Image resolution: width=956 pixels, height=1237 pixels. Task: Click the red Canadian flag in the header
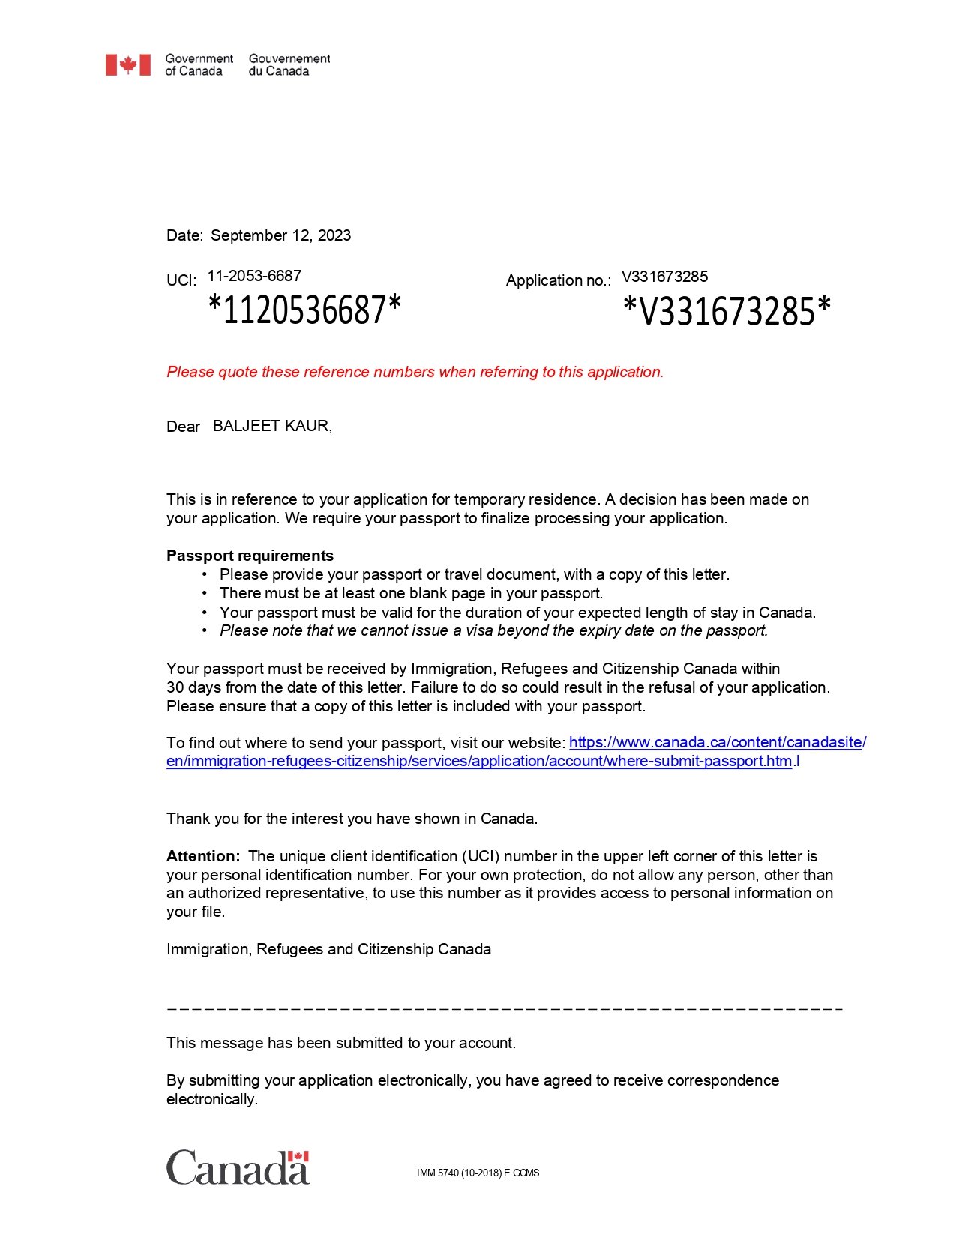(128, 65)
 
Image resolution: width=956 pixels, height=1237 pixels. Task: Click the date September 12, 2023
(280, 235)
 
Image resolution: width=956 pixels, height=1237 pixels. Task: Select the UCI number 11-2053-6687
(254, 276)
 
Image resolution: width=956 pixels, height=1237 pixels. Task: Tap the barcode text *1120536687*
(304, 310)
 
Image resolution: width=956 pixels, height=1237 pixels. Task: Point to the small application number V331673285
(664, 277)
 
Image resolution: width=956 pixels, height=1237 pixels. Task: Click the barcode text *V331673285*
(727, 311)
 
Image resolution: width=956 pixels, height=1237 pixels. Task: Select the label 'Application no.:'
(558, 280)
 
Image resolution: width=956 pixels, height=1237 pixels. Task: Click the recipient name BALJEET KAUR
(271, 426)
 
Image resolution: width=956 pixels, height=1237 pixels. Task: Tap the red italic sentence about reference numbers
(415, 372)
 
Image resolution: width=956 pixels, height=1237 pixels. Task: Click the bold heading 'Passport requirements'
(250, 556)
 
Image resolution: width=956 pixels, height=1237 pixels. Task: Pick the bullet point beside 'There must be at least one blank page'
(204, 594)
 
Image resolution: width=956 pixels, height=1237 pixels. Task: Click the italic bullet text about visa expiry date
(493, 630)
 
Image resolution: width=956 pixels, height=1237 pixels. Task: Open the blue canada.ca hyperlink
(717, 742)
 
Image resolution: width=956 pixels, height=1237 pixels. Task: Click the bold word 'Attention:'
(203, 856)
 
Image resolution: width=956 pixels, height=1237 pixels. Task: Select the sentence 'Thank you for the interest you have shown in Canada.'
(352, 819)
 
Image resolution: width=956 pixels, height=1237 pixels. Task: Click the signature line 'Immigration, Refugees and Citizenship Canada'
(328, 949)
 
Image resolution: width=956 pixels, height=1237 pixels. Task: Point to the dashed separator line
(505, 1009)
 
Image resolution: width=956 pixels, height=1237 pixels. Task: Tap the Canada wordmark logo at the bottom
(238, 1168)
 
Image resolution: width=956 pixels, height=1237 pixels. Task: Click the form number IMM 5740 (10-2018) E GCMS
(478, 1173)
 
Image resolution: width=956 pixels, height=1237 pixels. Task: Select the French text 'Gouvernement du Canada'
(289, 65)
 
